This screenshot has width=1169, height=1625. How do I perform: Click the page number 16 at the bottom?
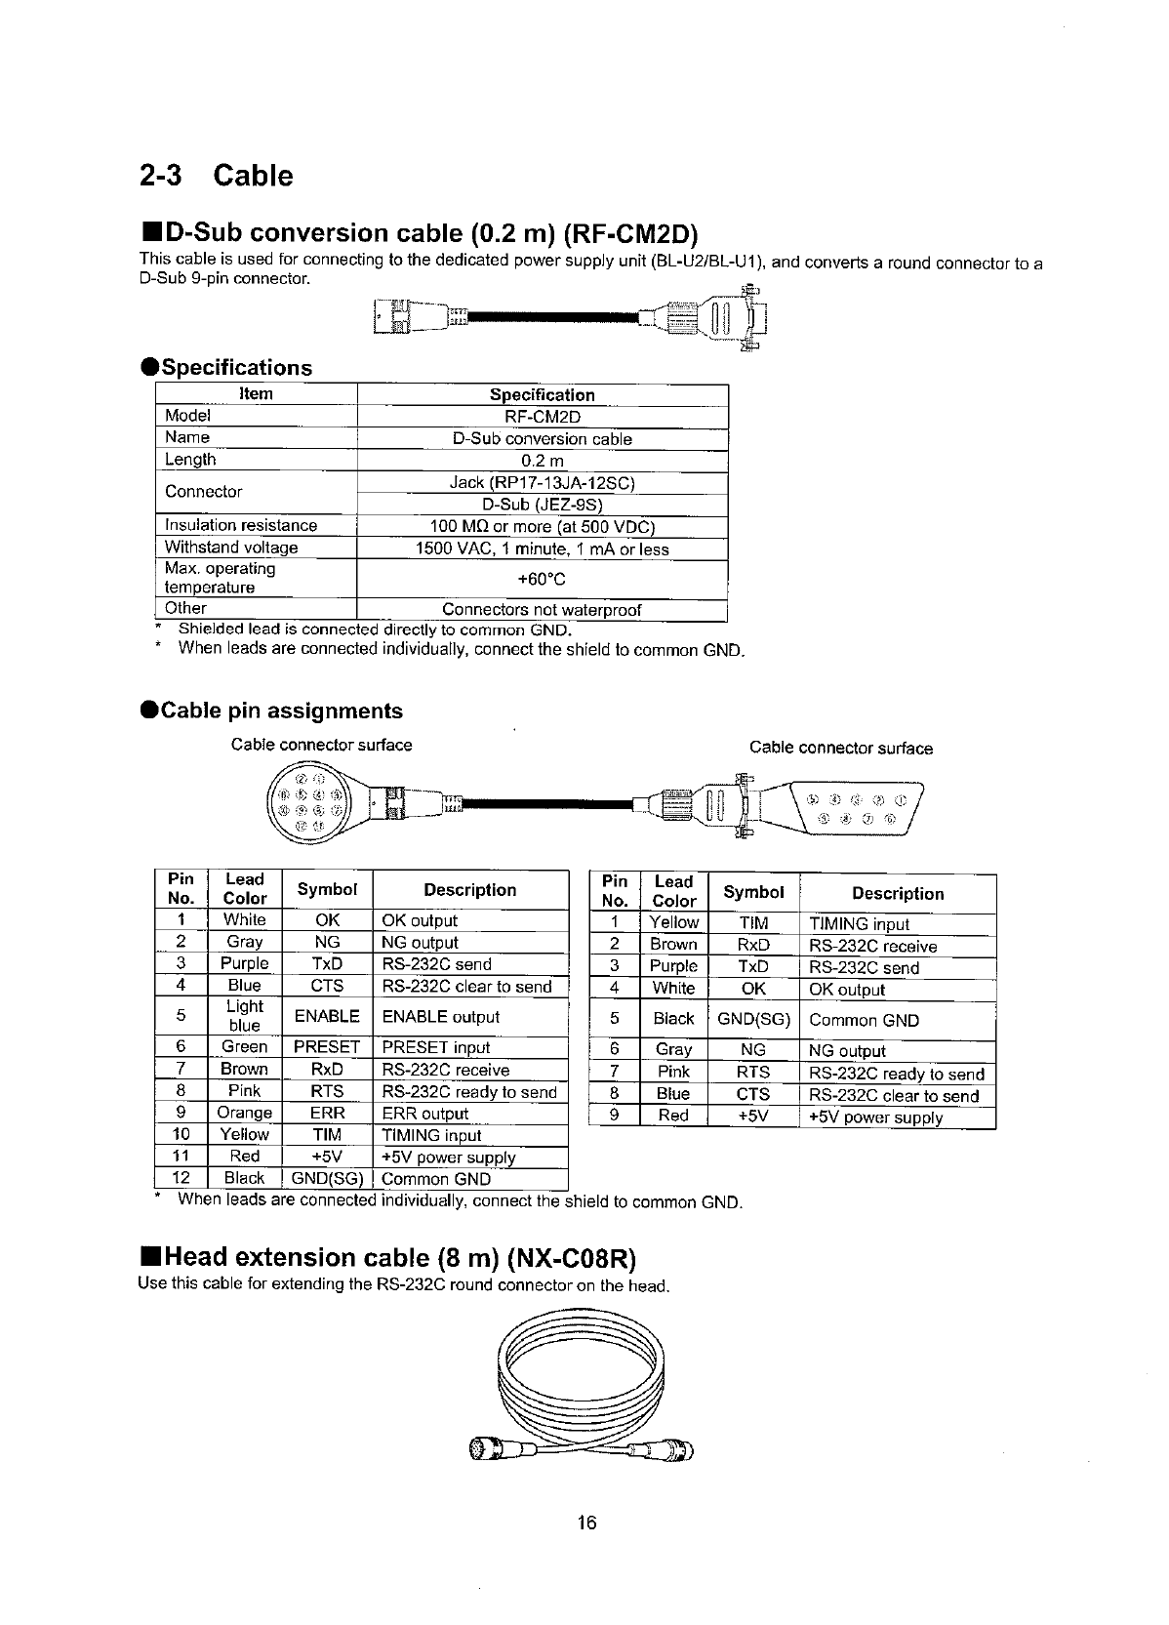[x=585, y=1523]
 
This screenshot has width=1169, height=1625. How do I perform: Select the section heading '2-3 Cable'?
[x=216, y=176]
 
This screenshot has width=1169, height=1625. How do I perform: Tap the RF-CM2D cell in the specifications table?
[x=543, y=417]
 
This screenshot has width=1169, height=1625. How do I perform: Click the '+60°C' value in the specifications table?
[x=543, y=579]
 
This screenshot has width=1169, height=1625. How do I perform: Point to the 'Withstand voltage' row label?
[x=231, y=548]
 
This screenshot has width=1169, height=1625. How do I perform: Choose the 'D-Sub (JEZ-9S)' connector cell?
[x=543, y=505]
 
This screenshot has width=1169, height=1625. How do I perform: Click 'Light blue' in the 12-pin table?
[x=244, y=1016]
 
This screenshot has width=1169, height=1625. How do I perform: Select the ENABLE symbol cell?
[x=327, y=1016]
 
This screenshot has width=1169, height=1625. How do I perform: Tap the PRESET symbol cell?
[x=327, y=1047]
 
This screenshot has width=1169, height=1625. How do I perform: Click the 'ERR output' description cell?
[x=425, y=1114]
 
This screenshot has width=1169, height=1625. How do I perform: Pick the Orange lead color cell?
[x=244, y=1113]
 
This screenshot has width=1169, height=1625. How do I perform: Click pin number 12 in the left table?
[x=181, y=1178]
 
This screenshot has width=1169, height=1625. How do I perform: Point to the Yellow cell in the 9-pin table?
[x=674, y=923]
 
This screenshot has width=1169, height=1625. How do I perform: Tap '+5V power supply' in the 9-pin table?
[x=876, y=1117]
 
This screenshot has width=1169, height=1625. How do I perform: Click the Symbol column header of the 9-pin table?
[x=753, y=892]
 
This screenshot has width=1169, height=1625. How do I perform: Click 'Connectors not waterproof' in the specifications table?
[x=543, y=610]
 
